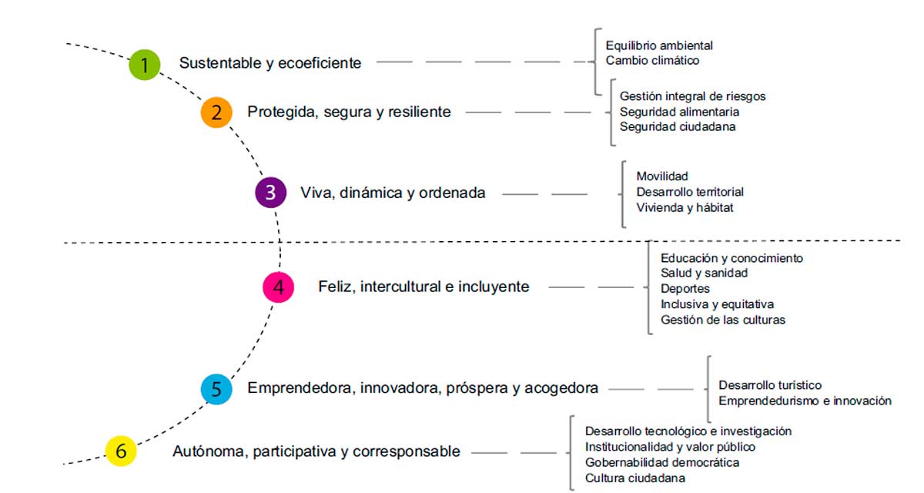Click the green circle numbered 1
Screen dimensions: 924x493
click(x=145, y=65)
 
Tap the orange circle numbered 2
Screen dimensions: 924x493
click(x=216, y=112)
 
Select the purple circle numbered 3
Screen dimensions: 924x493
click(x=270, y=193)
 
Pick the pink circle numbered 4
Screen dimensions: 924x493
click(x=279, y=287)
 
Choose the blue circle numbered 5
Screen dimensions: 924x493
click(x=216, y=389)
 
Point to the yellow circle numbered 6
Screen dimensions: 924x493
click(x=121, y=451)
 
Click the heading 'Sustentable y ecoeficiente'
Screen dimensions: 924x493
click(x=270, y=63)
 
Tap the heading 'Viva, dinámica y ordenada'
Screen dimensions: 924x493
click(x=393, y=193)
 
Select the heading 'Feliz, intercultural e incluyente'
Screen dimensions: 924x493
click(x=423, y=287)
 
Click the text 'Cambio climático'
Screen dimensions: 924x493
click(x=652, y=60)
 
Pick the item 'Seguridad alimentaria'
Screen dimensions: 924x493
click(x=679, y=112)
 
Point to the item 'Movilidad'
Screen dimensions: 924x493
click(x=662, y=176)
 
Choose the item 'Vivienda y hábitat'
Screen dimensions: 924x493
click(x=685, y=207)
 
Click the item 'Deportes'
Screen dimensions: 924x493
click(x=685, y=289)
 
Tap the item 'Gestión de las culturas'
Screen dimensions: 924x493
click(x=723, y=320)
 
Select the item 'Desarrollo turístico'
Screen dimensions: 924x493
click(x=770, y=385)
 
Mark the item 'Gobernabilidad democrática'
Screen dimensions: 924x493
click(x=662, y=462)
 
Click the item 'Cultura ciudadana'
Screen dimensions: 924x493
click(x=634, y=478)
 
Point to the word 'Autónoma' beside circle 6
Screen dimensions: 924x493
click(x=209, y=451)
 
